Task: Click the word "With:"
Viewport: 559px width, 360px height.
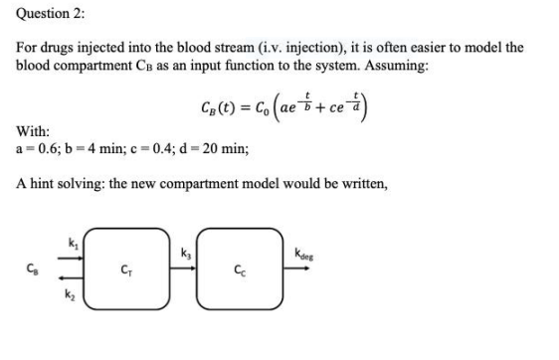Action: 34,131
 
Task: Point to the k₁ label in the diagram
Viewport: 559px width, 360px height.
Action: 71,242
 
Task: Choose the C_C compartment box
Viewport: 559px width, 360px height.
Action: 236,268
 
